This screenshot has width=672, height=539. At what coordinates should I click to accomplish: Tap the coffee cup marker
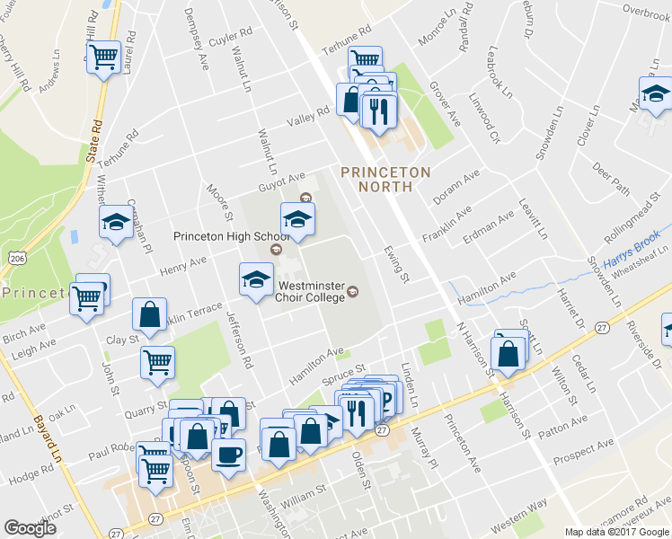[x=227, y=454]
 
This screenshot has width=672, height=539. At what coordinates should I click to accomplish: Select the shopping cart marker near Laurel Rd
[x=105, y=57]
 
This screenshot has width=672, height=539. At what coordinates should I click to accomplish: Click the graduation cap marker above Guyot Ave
[x=298, y=218]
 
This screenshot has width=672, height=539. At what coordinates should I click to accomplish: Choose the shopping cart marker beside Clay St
[x=157, y=362]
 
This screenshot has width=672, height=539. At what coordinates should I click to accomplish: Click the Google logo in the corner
[x=31, y=528]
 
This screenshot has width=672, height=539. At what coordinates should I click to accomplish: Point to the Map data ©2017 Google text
[x=616, y=532]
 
